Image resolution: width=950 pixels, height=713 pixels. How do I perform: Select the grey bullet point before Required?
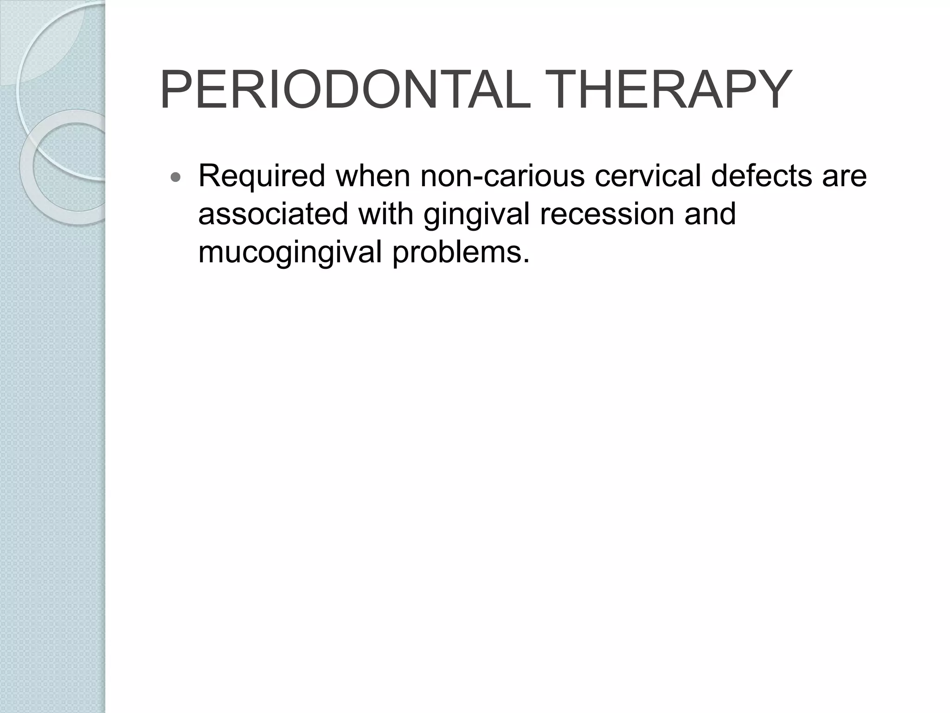[x=176, y=177]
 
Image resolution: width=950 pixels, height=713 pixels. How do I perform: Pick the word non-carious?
[x=502, y=176]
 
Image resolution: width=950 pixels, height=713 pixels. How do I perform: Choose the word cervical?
[x=647, y=176]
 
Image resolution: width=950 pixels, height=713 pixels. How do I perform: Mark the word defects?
[x=761, y=176]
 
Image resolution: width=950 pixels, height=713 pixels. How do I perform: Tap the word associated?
[x=273, y=214]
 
